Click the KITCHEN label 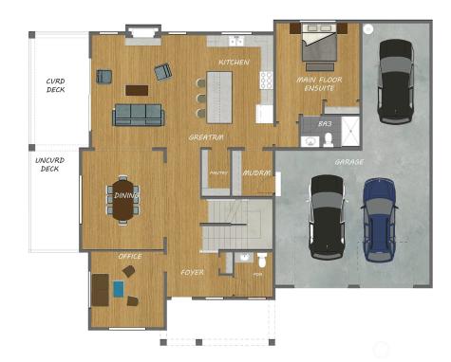point(234,63)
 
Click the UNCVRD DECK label point(49,164)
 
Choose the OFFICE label point(130,257)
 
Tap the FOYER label point(193,272)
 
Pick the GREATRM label point(206,137)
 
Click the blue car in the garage point(380,220)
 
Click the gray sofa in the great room point(139,115)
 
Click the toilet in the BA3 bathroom point(329,140)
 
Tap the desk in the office point(100,289)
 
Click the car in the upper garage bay point(395,80)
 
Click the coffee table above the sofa point(137,91)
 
